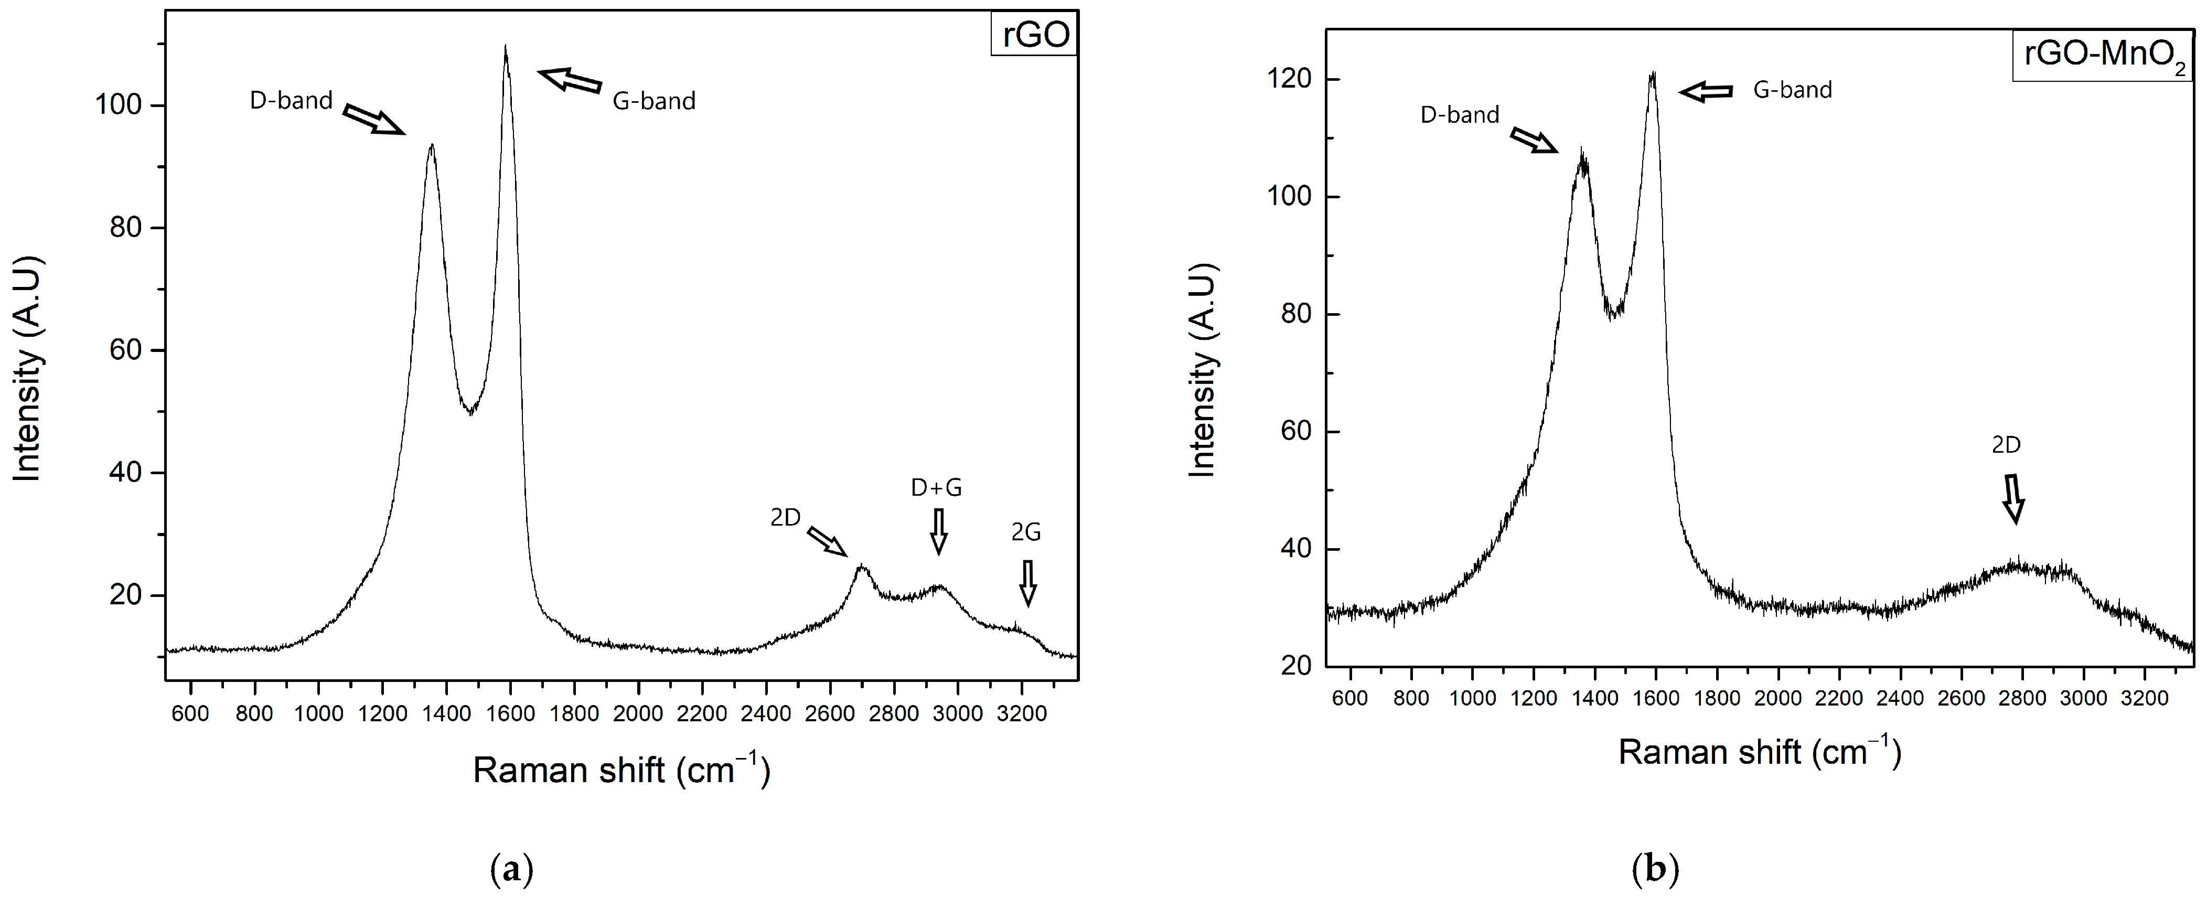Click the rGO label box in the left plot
[1035, 34]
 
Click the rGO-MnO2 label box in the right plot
[2103, 56]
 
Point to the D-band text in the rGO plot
[291, 100]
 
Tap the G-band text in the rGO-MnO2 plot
[1792, 90]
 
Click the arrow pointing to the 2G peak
[1027, 583]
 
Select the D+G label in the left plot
[936, 487]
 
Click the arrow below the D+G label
[939, 531]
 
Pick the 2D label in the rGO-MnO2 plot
[2006, 445]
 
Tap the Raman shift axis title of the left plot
[621, 770]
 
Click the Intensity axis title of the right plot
[1203, 370]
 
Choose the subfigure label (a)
[512, 870]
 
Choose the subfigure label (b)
[1655, 870]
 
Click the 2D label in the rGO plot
[785, 517]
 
